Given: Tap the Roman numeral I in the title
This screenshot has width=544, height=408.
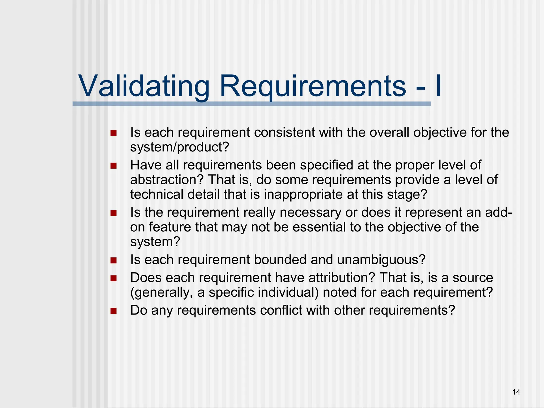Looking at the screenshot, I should pyautogui.click(x=438, y=86).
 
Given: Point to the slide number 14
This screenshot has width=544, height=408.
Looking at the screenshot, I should pyautogui.click(x=516, y=392).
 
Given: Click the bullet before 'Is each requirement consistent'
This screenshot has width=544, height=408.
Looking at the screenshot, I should pyautogui.click(x=114, y=133).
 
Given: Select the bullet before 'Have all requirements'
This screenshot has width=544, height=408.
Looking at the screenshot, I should pyautogui.click(x=114, y=166).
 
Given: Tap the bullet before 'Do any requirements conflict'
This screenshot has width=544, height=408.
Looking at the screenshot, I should pyautogui.click(x=114, y=311).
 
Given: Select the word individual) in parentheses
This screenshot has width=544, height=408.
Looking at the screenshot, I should pyautogui.click(x=288, y=292).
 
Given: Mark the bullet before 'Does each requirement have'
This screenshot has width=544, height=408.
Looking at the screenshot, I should pyautogui.click(x=114, y=278).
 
